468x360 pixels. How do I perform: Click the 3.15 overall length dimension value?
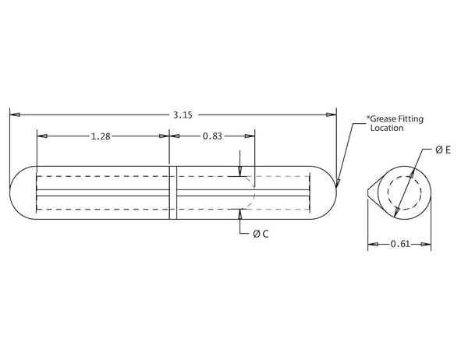[183, 115]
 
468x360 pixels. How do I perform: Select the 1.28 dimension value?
[100, 136]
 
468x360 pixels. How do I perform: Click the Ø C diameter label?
[261, 234]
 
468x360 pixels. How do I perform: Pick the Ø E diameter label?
[442, 149]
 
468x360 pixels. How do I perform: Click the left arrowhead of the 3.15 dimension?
[14, 115]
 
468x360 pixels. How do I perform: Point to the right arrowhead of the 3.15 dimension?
[331, 115]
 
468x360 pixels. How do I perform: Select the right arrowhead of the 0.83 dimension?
[249, 136]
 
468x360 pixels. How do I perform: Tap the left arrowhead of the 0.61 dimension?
[372, 245]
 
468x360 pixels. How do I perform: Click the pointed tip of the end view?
[368, 192]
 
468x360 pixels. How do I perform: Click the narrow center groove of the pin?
[173, 192]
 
